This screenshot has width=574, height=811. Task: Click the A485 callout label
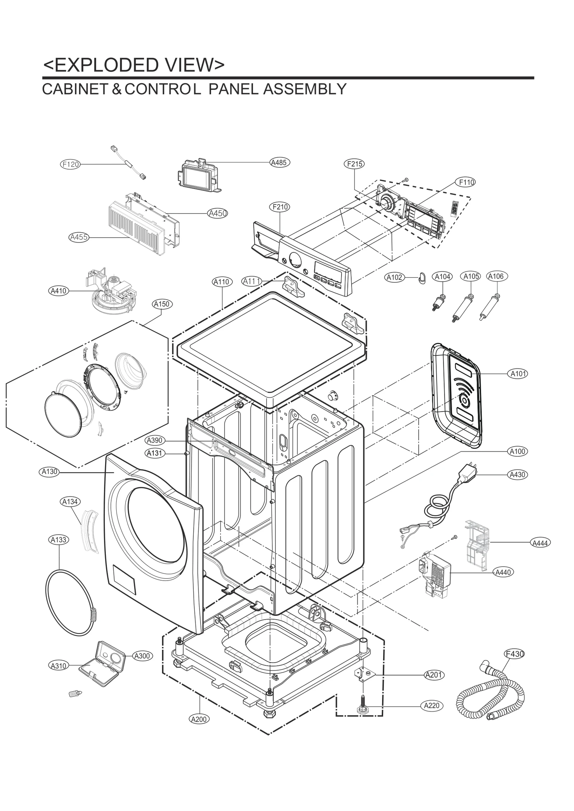click(279, 163)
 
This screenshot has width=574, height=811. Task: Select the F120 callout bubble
click(70, 164)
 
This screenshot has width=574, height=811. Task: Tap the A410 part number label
click(58, 291)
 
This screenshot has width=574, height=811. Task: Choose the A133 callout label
click(58, 540)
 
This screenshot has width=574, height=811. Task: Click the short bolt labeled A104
click(439, 302)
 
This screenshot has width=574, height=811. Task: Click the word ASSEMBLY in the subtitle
click(305, 89)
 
